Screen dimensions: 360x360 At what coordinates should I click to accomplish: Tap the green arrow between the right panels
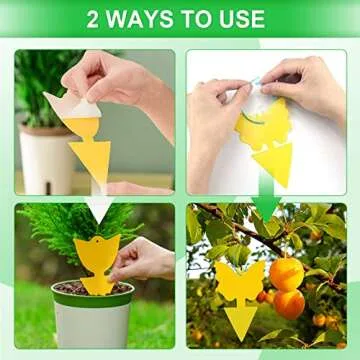[x=266, y=205]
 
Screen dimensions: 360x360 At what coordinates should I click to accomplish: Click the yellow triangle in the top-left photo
[x=91, y=160]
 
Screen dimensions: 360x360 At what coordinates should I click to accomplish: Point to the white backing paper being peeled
[x=66, y=104]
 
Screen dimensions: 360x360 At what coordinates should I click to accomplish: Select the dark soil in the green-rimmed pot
[x=70, y=287]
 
